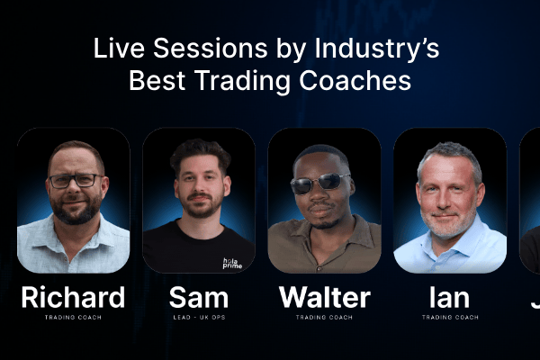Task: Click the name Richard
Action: click(x=73, y=297)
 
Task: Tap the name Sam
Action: click(x=199, y=297)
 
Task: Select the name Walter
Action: click(x=325, y=297)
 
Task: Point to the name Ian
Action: click(x=449, y=297)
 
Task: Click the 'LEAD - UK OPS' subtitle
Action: click(x=200, y=317)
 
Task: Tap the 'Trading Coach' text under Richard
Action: click(x=73, y=317)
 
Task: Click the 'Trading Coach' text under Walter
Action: click(x=324, y=317)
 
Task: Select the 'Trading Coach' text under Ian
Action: click(x=450, y=317)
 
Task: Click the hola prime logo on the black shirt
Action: click(x=232, y=263)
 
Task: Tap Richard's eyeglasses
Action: click(x=76, y=181)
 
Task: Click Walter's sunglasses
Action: click(x=319, y=183)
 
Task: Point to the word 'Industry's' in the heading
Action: click(x=377, y=49)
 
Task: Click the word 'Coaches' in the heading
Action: click(x=355, y=81)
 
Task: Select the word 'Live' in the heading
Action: click(x=119, y=48)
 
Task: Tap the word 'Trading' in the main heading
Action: click(x=242, y=82)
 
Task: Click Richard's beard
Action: click(x=76, y=210)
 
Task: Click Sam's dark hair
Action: click(x=200, y=153)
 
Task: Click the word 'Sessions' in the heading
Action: click(x=210, y=48)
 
